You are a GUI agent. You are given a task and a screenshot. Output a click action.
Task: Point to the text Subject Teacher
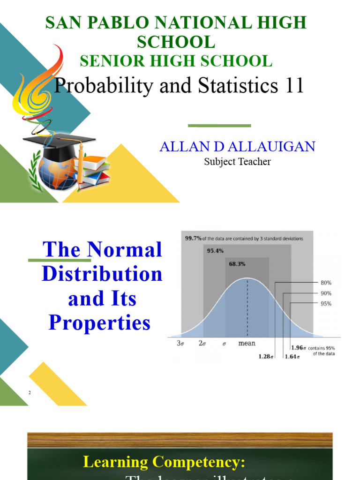point(237,162)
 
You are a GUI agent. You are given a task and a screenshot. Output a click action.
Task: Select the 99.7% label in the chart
point(193,238)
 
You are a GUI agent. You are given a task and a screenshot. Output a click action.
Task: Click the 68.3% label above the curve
point(237,264)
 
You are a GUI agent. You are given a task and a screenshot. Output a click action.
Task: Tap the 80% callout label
point(326,283)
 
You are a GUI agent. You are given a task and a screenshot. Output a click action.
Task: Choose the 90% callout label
point(326,293)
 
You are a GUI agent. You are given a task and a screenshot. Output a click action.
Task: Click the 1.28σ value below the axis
point(266,356)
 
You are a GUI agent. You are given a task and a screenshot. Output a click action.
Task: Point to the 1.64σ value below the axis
point(292,356)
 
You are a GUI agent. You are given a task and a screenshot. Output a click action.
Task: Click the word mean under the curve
point(247,343)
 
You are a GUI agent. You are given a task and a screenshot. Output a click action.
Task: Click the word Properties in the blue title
point(100,322)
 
